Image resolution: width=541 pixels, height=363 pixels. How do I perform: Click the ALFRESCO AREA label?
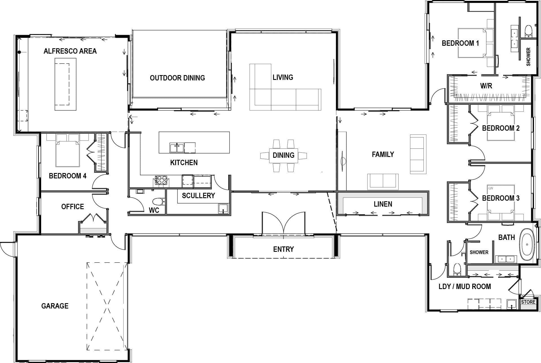click(70, 51)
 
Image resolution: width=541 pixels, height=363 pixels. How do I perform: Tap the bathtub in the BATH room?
click(527, 245)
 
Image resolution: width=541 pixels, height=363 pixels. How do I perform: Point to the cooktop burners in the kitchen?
click(161, 180)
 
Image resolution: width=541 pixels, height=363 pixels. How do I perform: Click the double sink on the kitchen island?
click(177, 148)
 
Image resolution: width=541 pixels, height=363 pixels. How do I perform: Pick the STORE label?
click(528, 302)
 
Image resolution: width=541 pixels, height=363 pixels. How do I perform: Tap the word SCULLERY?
click(198, 196)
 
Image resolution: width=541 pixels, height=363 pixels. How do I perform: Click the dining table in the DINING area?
click(283, 156)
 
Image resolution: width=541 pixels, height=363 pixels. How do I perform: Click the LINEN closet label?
click(383, 204)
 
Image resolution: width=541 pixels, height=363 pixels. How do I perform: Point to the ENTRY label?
click(283, 249)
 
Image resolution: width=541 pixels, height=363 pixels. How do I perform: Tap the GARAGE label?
click(55, 306)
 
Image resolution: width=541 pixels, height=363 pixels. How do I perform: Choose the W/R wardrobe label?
click(486, 86)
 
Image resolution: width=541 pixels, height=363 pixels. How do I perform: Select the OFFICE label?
click(73, 207)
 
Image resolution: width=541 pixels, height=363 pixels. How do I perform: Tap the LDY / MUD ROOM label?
click(465, 287)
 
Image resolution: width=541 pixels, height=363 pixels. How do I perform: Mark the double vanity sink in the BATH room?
click(506, 259)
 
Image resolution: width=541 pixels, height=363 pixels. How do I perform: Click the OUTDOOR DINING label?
click(177, 78)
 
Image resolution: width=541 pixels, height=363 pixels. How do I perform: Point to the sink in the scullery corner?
click(223, 209)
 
